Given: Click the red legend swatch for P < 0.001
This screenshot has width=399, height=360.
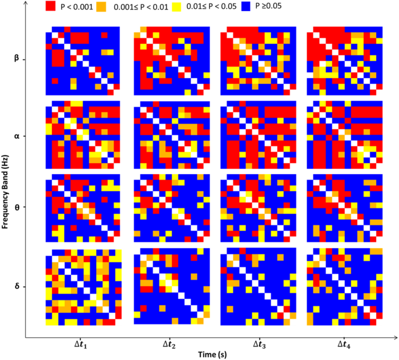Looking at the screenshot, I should coord(52,8).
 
